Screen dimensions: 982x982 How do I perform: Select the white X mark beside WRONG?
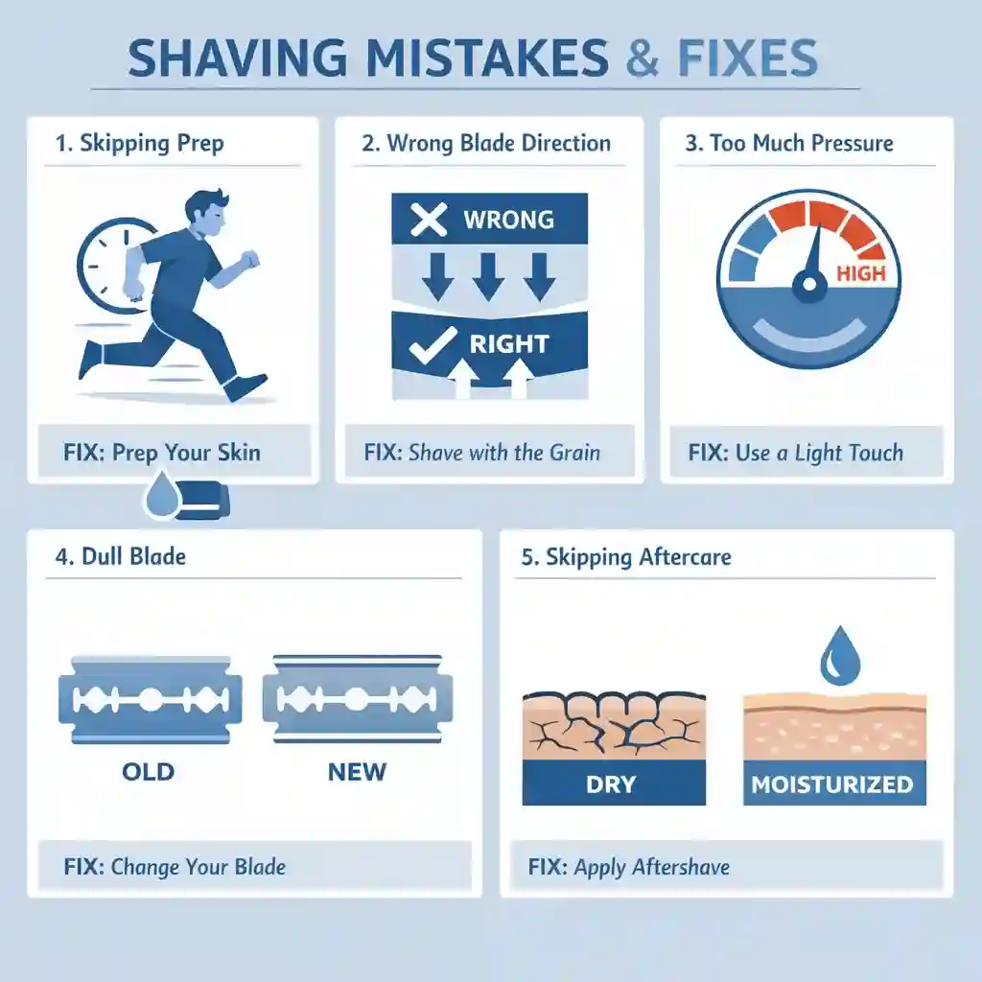428,220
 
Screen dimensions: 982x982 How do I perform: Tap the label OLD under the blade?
148,771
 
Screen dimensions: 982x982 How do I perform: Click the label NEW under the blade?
357,771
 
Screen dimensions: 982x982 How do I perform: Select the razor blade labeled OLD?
151,699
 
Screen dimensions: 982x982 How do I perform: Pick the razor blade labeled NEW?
357,699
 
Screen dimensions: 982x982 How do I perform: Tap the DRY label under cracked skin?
611,783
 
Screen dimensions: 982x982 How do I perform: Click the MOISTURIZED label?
831,784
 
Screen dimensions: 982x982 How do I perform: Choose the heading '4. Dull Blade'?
121,557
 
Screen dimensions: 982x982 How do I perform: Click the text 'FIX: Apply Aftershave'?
629,868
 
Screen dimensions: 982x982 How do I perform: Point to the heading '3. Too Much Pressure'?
789,144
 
